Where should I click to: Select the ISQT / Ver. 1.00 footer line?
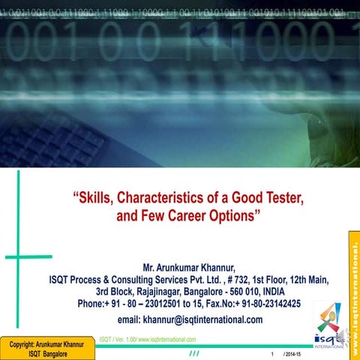152,339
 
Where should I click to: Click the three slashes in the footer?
195,353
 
